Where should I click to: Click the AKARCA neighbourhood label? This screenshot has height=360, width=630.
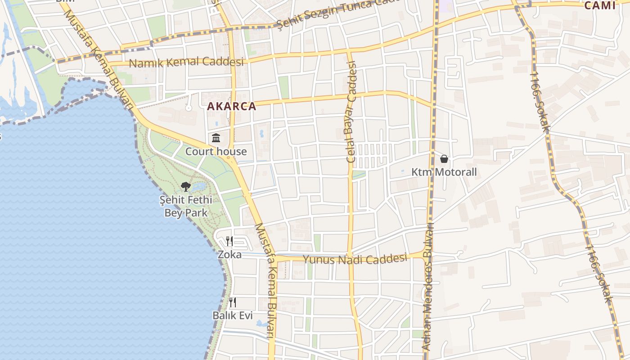(x=231, y=107)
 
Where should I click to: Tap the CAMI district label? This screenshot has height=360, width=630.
(x=599, y=5)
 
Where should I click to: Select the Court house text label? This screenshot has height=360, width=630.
(x=216, y=152)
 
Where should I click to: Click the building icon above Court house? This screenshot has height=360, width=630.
(x=216, y=138)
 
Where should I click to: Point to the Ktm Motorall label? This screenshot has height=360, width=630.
(x=444, y=172)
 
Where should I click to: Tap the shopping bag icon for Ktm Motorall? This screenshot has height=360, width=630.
(x=444, y=159)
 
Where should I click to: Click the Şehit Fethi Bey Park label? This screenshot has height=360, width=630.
(x=186, y=206)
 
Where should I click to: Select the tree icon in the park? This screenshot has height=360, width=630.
(x=186, y=186)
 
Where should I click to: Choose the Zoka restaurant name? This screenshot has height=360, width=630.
(x=229, y=255)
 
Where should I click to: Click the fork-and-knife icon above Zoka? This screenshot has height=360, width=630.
(x=229, y=241)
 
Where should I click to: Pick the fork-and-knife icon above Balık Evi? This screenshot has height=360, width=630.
(x=233, y=302)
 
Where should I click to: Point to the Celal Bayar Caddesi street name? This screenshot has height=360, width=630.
(x=351, y=112)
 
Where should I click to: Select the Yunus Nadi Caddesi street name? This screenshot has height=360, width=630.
(x=355, y=259)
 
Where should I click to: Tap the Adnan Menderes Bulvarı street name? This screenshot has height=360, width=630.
(x=428, y=288)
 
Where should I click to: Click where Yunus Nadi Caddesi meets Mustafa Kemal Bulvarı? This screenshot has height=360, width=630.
(x=274, y=258)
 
